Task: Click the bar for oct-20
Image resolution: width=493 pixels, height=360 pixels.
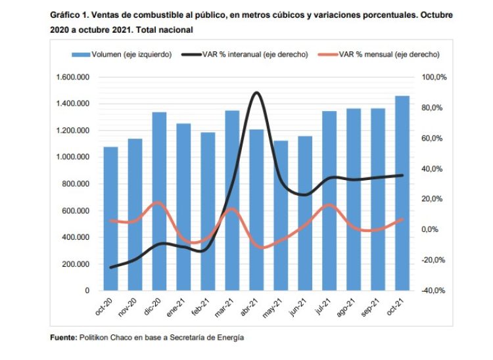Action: tap(110, 218)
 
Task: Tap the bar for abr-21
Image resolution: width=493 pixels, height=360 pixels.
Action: tap(256, 210)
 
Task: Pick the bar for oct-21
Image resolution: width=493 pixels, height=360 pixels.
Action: tap(402, 193)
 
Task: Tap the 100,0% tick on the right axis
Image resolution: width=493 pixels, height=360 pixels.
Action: tap(434, 78)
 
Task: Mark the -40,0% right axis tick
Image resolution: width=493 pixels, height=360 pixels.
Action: tap(434, 290)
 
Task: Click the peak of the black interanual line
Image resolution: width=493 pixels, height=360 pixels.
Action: tap(256, 93)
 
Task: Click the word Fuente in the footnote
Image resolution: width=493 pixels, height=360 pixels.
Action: tap(65, 338)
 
